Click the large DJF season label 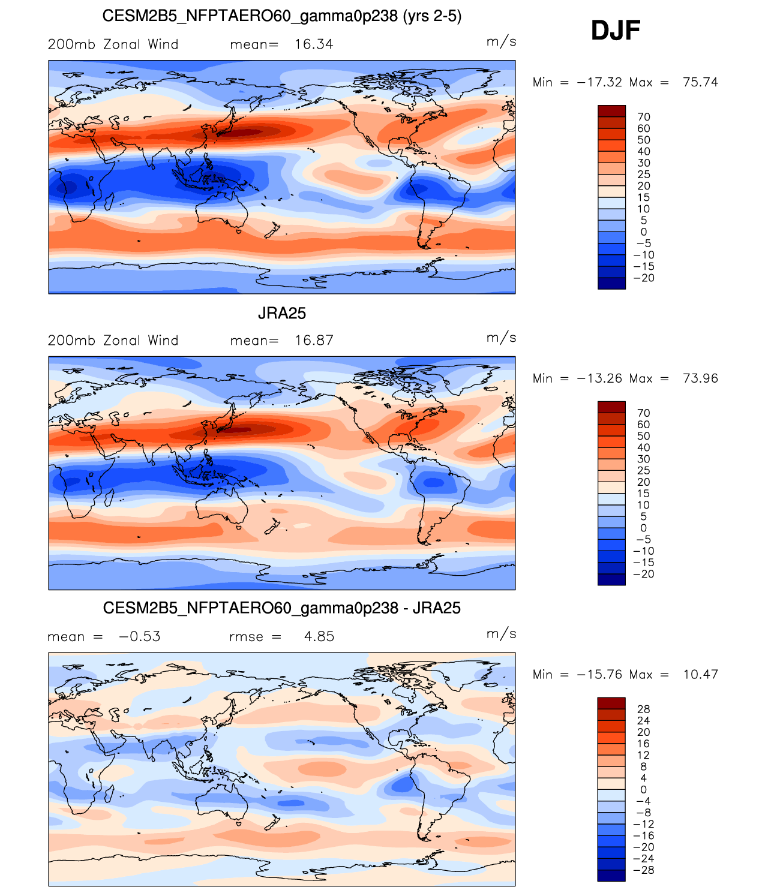pyautogui.click(x=616, y=31)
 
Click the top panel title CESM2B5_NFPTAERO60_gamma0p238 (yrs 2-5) pyautogui.click(x=281, y=16)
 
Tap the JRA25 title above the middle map pyautogui.click(x=281, y=313)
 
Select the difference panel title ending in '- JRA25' pyautogui.click(x=281, y=608)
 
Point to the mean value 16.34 pyautogui.click(x=313, y=44)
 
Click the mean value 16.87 pyautogui.click(x=313, y=341)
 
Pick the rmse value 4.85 pyautogui.click(x=319, y=636)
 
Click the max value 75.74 pyautogui.click(x=700, y=82)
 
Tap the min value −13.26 pyautogui.click(x=599, y=378)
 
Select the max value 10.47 pyautogui.click(x=700, y=675)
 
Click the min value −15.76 pyautogui.click(x=599, y=675)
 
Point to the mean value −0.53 pyautogui.click(x=140, y=636)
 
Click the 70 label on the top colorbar pyautogui.click(x=643, y=117)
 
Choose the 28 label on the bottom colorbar pyautogui.click(x=643, y=709)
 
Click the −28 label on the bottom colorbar pyautogui.click(x=645, y=870)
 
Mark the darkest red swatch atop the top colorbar pyautogui.click(x=611, y=111)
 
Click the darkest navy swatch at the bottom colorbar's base pyautogui.click(x=611, y=876)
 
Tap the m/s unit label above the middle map pyautogui.click(x=501, y=338)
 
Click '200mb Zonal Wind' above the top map pyautogui.click(x=113, y=44)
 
